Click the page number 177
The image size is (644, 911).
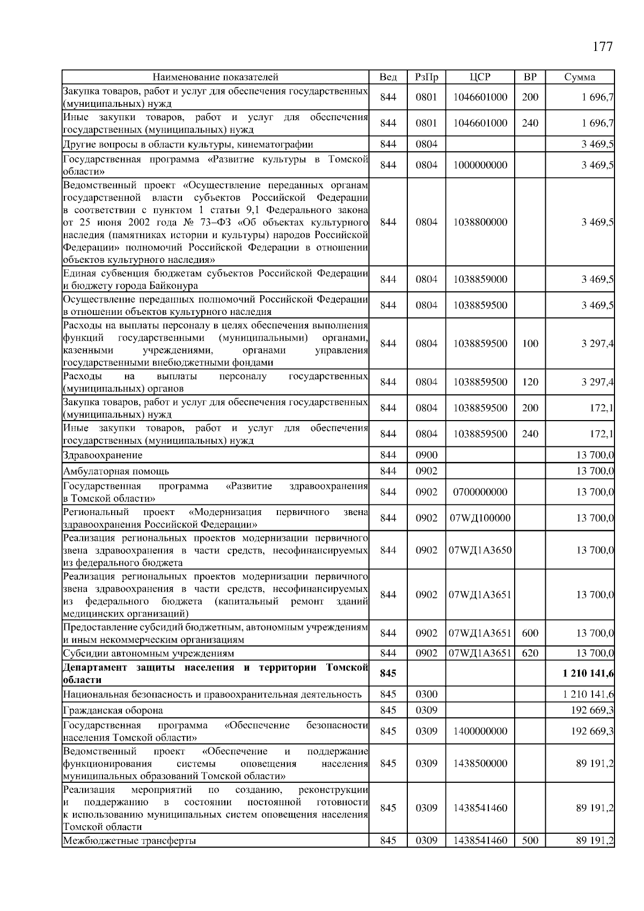pyautogui.click(x=602, y=47)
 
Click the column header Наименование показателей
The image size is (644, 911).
pyautogui.click(x=215, y=77)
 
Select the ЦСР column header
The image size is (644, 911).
pyautogui.click(x=480, y=77)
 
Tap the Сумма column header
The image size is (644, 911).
pyautogui.click(x=580, y=77)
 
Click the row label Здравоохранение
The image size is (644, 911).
pyautogui.click(x=103, y=455)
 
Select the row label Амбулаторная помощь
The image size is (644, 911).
pyautogui.click(x=116, y=471)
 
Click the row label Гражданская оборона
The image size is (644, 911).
pyautogui.click(x=113, y=710)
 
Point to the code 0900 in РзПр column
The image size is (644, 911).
pyautogui.click(x=427, y=455)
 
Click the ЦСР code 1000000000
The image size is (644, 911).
pyautogui.click(x=480, y=165)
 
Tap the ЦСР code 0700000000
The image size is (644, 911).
pyautogui.click(x=480, y=492)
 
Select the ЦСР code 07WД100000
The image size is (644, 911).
pyautogui.click(x=480, y=518)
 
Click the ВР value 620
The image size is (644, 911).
pyautogui.click(x=530, y=653)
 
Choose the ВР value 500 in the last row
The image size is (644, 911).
pyautogui.click(x=530, y=841)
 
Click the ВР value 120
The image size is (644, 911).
pyautogui.click(x=530, y=382)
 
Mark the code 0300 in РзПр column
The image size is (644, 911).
pyautogui.click(x=427, y=694)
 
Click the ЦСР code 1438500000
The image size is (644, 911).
pyautogui.click(x=480, y=763)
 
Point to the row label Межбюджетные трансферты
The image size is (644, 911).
pyautogui.click(x=129, y=841)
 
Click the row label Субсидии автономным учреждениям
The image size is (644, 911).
pyautogui.click(x=149, y=653)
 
